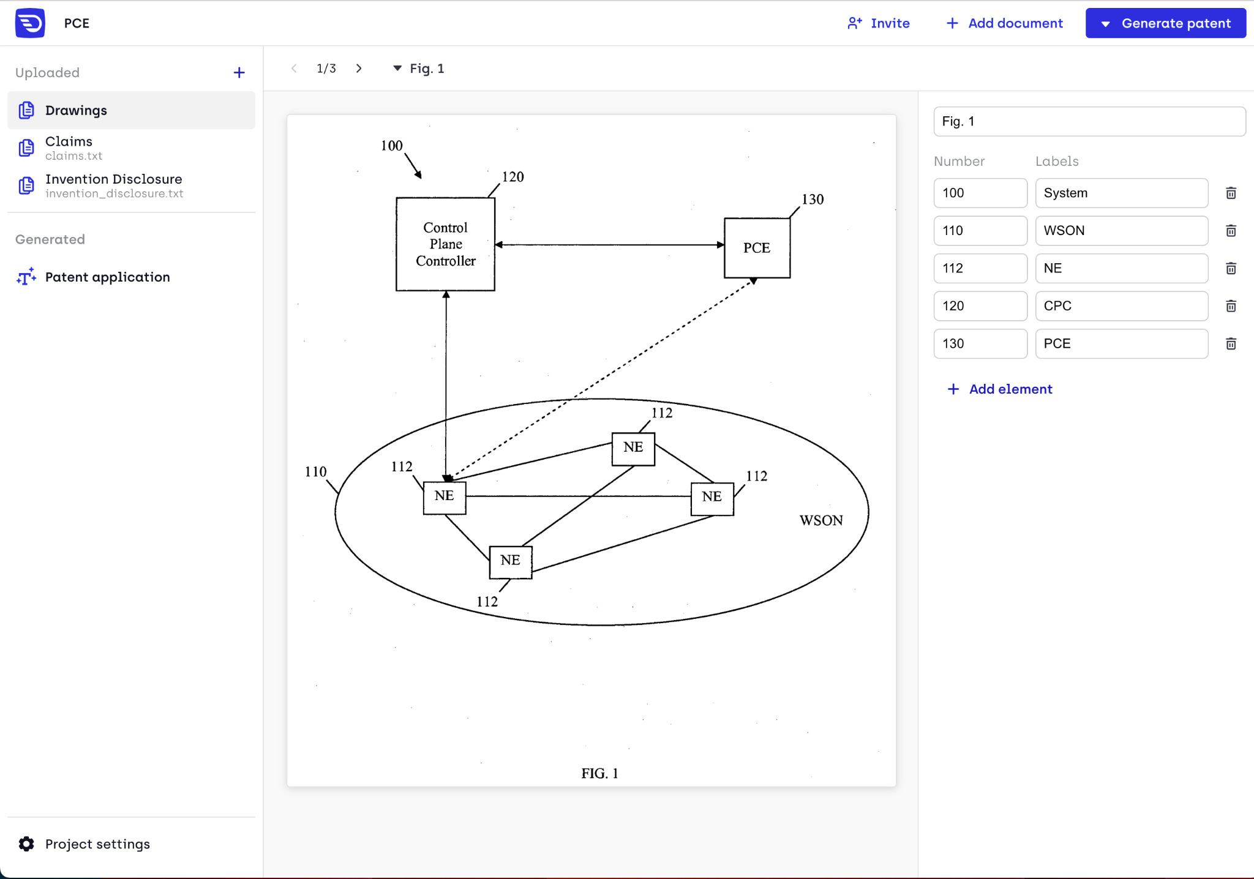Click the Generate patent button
1165,23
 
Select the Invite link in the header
879,23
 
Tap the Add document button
1005,23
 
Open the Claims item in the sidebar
69,148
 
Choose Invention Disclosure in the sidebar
113,185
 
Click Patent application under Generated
107,277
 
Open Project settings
97,844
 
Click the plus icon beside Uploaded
239,73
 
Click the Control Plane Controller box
445,244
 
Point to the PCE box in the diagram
757,248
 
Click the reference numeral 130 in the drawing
813,200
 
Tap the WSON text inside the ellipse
821,520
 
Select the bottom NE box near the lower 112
510,561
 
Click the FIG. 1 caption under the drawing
599,774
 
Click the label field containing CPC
1121,306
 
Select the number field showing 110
980,231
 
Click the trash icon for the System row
1231,193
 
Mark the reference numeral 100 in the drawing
391,146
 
